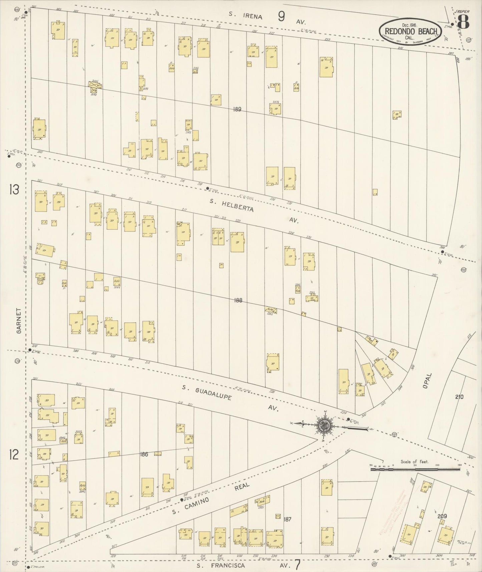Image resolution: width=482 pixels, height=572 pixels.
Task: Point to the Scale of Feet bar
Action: coord(415,469)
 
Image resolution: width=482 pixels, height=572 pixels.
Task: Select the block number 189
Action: coord(237,109)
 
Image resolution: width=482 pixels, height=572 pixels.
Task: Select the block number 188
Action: coord(238,300)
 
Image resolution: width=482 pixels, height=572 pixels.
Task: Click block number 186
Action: coord(144,454)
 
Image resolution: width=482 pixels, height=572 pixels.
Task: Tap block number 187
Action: coord(288,519)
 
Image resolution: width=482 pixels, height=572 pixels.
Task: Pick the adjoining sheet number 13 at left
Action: coord(14,190)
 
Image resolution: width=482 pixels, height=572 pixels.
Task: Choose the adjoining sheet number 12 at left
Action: coord(14,455)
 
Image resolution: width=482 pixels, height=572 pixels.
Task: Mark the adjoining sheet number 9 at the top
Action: coord(282,16)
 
